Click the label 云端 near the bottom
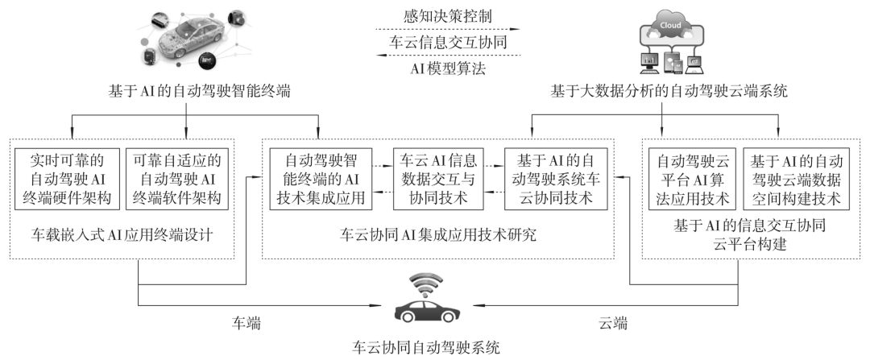tap(615, 323)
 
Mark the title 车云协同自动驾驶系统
tap(427, 349)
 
